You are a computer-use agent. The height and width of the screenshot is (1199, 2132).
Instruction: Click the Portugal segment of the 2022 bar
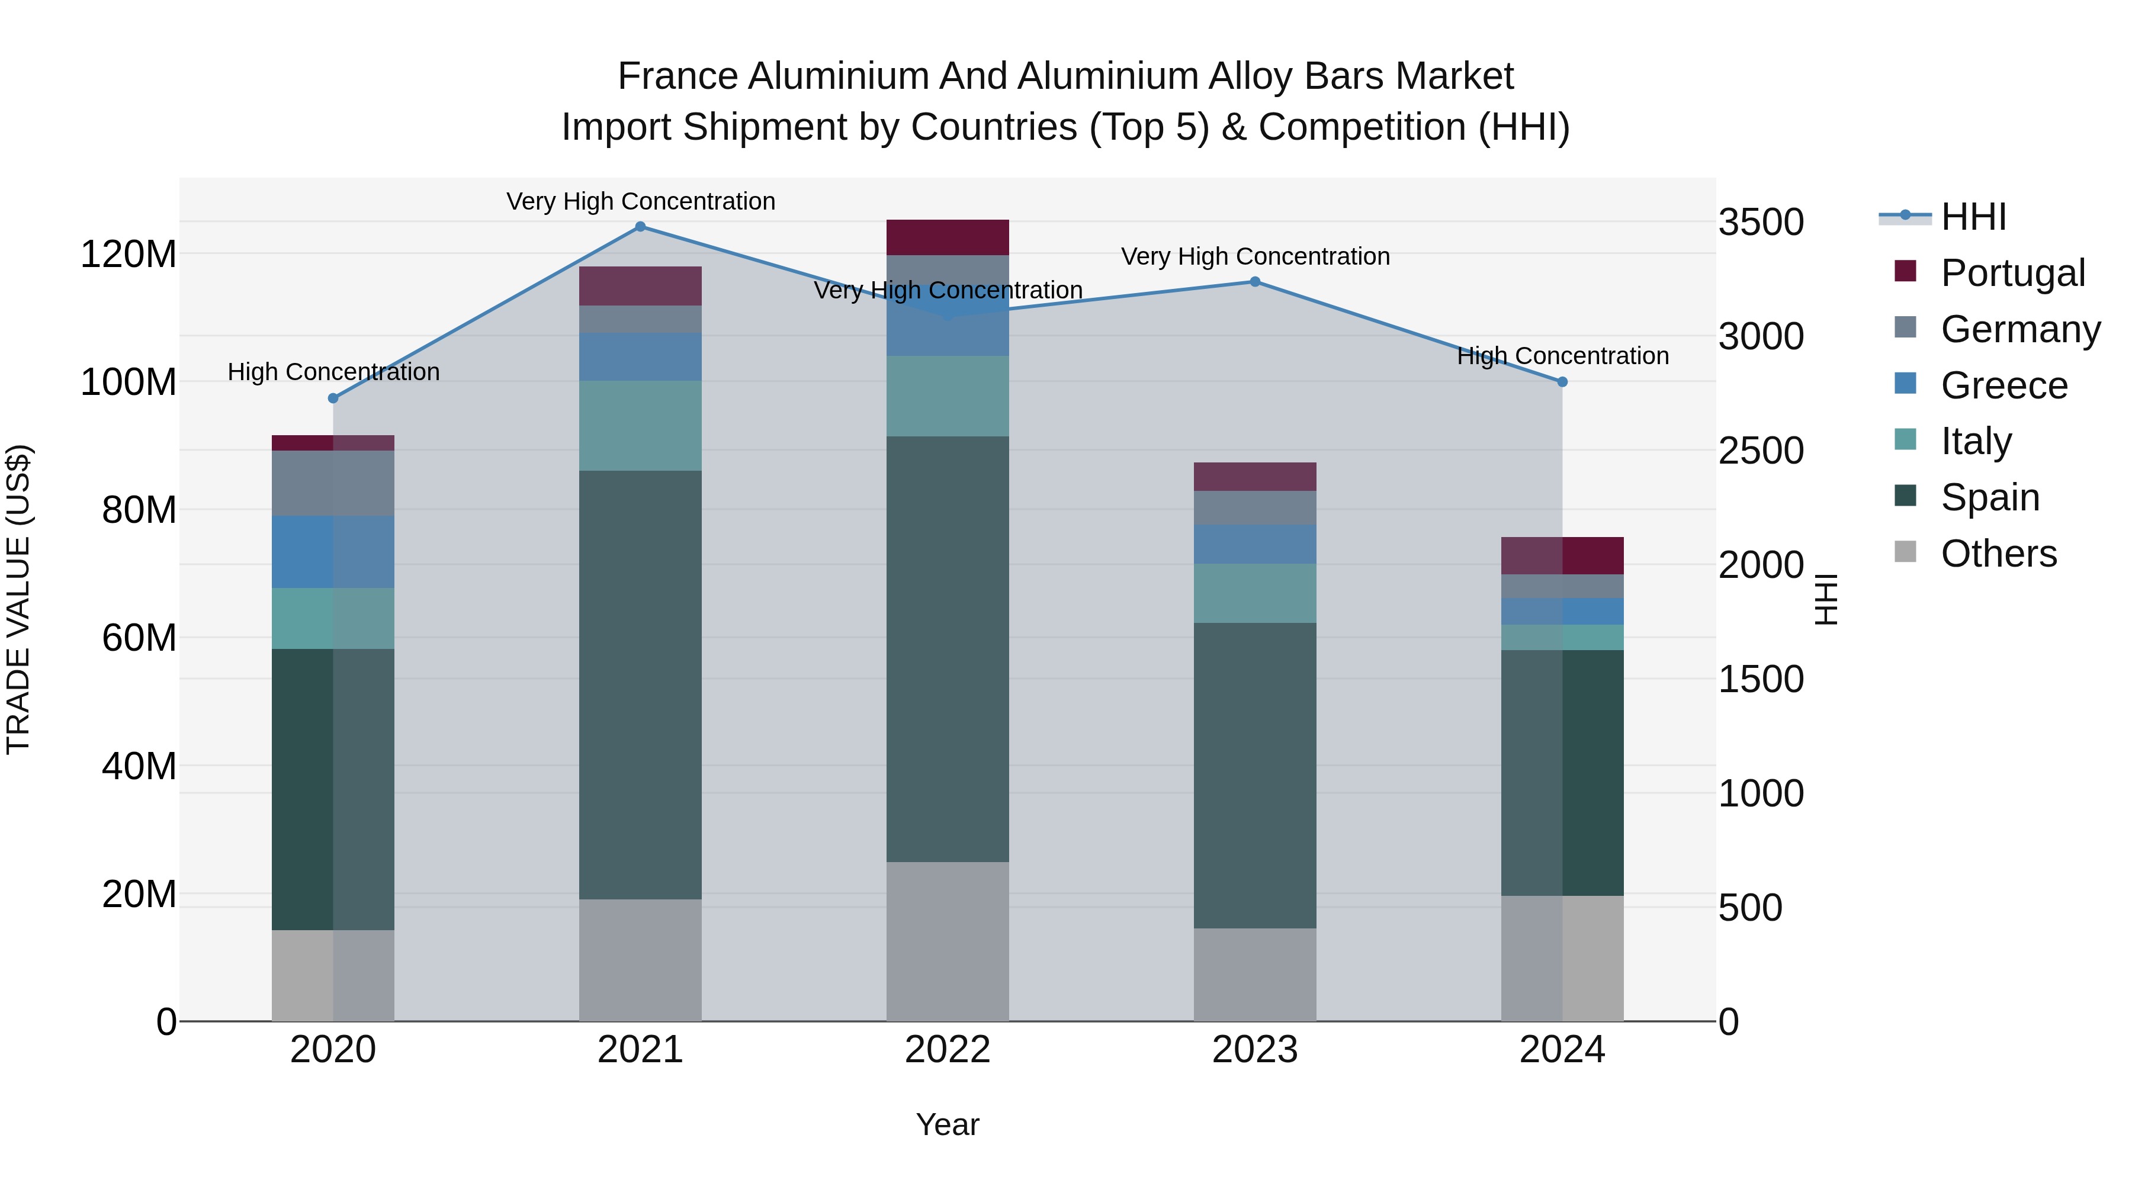[x=948, y=237]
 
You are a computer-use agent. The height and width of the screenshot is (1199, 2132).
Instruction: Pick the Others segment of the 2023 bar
[x=1255, y=975]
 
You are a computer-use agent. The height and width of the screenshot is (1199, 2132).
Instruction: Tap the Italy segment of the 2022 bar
[x=948, y=396]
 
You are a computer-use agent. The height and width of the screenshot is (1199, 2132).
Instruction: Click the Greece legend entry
[x=2003, y=385]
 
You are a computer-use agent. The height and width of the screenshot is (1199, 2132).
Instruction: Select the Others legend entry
[x=1998, y=554]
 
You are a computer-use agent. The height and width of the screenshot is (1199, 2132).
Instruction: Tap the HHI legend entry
[x=1973, y=217]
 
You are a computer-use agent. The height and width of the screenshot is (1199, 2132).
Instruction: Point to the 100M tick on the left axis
[x=129, y=382]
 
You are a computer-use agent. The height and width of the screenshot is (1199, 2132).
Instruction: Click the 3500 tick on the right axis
[x=1761, y=223]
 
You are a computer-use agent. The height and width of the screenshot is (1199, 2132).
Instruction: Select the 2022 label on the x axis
[x=948, y=1050]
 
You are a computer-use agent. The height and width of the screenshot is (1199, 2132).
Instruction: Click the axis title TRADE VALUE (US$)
[x=18, y=599]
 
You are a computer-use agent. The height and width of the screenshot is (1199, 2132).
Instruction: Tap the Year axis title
[x=948, y=1124]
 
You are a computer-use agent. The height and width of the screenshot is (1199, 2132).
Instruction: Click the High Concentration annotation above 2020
[x=333, y=372]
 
